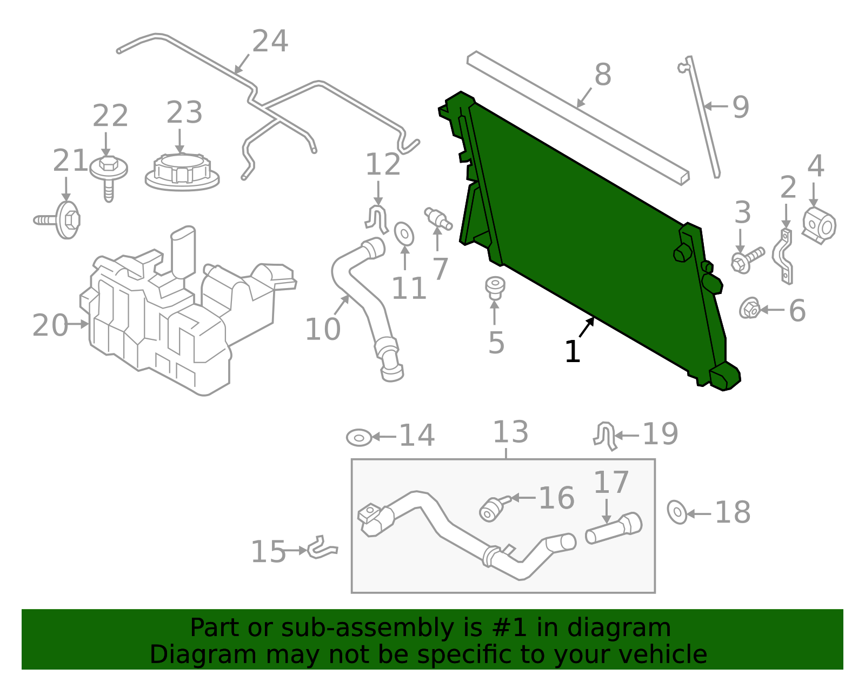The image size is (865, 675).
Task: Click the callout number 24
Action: point(270,42)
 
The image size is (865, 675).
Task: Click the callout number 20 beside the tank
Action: point(50,325)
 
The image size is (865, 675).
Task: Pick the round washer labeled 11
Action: point(404,233)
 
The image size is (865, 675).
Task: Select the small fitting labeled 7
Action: point(437,218)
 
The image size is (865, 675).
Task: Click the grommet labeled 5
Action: point(495,288)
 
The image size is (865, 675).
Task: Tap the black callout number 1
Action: point(572,352)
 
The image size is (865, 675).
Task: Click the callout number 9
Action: point(741,107)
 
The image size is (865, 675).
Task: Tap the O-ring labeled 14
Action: point(359,437)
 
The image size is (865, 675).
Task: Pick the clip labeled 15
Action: point(323,549)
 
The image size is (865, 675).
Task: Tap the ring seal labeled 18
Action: point(677,512)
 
